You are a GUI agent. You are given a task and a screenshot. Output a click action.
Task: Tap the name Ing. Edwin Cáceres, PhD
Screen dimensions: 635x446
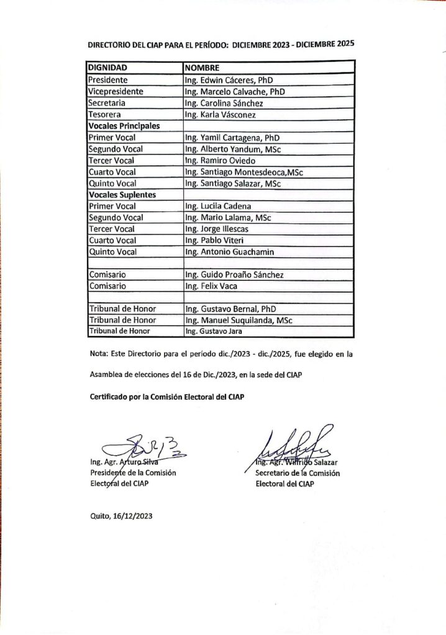[229, 80]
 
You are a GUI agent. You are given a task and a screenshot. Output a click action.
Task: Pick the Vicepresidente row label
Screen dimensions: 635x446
[116, 91]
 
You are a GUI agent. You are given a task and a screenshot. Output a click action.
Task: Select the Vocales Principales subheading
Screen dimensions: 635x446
[124, 126]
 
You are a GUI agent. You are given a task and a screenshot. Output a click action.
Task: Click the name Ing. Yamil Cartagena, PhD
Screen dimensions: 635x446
[232, 138]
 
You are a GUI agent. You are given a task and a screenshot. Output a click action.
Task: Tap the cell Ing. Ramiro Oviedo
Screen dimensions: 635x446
[219, 161]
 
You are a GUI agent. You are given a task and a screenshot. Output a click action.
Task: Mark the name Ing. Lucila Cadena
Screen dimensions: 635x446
[218, 206]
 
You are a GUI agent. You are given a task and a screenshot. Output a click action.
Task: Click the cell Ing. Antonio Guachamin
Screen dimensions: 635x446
[230, 252]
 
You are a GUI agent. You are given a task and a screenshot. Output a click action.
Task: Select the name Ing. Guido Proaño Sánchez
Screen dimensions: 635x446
[235, 275]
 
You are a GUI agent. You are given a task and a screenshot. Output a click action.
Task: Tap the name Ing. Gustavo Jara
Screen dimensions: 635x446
[212, 332]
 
